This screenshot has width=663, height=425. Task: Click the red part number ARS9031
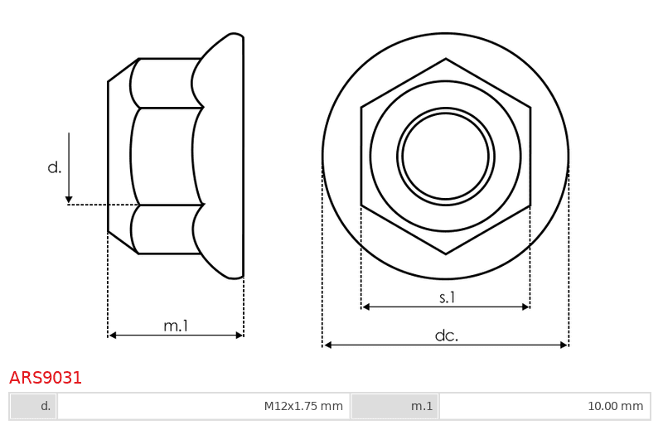point(46,378)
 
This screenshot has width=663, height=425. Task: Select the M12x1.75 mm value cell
point(203,407)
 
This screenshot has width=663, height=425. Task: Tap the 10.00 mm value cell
point(544,407)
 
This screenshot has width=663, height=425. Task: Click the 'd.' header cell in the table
point(33,407)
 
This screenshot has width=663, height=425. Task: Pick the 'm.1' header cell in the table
point(394,407)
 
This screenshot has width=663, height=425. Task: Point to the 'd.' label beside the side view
point(55,167)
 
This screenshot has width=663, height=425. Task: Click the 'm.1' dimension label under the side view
point(176,326)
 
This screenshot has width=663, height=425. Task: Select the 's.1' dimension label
point(447,297)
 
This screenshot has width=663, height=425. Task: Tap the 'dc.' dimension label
point(447,336)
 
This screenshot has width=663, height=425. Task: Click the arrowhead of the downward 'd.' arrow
point(69,200)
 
